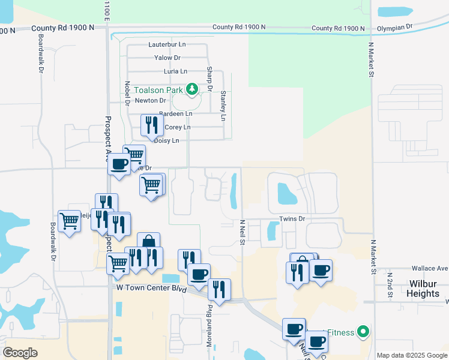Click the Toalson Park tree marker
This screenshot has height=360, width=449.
pos(192,90)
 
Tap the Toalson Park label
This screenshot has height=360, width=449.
pos(157,90)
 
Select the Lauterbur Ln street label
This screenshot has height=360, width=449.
pos(167,44)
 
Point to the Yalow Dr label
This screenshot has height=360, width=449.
pos(167,58)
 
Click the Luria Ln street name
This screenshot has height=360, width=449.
pos(167,71)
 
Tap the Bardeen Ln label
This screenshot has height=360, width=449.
pos(176,113)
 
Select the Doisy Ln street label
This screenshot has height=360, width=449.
pos(167,140)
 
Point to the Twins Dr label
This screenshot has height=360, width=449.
pos(293,218)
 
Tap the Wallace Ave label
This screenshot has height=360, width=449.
pos(430,268)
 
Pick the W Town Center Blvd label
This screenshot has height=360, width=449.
pos(150,288)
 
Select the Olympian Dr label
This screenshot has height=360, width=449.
pos(394,28)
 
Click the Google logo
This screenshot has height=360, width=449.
pos(20,352)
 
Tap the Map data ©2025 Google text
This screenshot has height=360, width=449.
pos(412,355)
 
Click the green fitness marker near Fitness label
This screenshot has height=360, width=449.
pos(363,331)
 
